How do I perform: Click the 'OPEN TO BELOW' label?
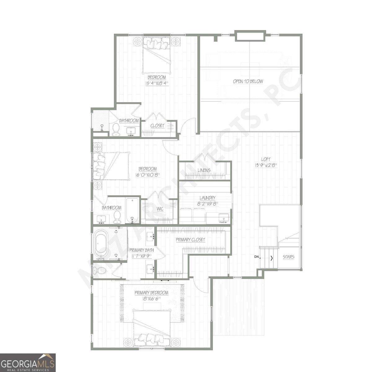(248, 82)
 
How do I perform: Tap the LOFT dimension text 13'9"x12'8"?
(266, 166)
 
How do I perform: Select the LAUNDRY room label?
(207, 198)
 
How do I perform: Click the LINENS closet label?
(204, 170)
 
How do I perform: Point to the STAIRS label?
(288, 257)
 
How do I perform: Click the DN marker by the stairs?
(256, 257)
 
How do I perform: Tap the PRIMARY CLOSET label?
(190, 240)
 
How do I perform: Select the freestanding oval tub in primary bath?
(102, 244)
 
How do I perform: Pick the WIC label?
(160, 209)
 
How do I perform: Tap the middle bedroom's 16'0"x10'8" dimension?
(147, 175)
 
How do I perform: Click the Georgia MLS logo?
(28, 362)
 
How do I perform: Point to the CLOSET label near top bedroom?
(157, 126)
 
